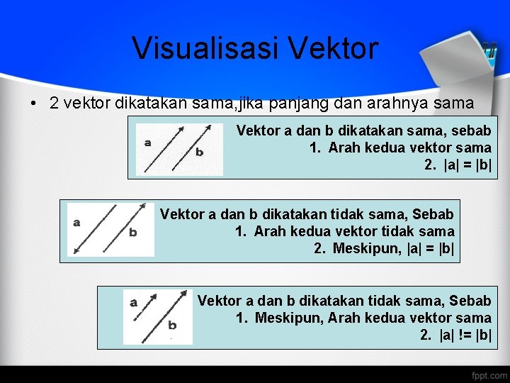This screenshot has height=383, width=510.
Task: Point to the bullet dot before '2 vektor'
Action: pyautogui.click(x=34, y=104)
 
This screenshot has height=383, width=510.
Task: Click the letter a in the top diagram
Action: pyautogui.click(x=147, y=142)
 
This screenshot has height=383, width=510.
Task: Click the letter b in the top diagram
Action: pyautogui.click(x=199, y=152)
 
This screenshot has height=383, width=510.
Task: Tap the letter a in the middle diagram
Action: pyautogui.click(x=76, y=222)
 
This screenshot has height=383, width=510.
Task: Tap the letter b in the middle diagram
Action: pyautogui.click(x=133, y=232)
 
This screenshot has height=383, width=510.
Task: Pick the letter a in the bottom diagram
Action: pyautogui.click(x=133, y=302)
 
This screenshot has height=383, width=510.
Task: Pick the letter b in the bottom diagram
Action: pyautogui.click(x=172, y=326)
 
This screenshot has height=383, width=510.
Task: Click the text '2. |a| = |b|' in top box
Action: pyautogui.click(x=458, y=165)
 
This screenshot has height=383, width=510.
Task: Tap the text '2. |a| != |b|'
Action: pyautogui.click(x=455, y=335)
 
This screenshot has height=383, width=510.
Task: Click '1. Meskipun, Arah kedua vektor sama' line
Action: pyautogui.click(x=363, y=318)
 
